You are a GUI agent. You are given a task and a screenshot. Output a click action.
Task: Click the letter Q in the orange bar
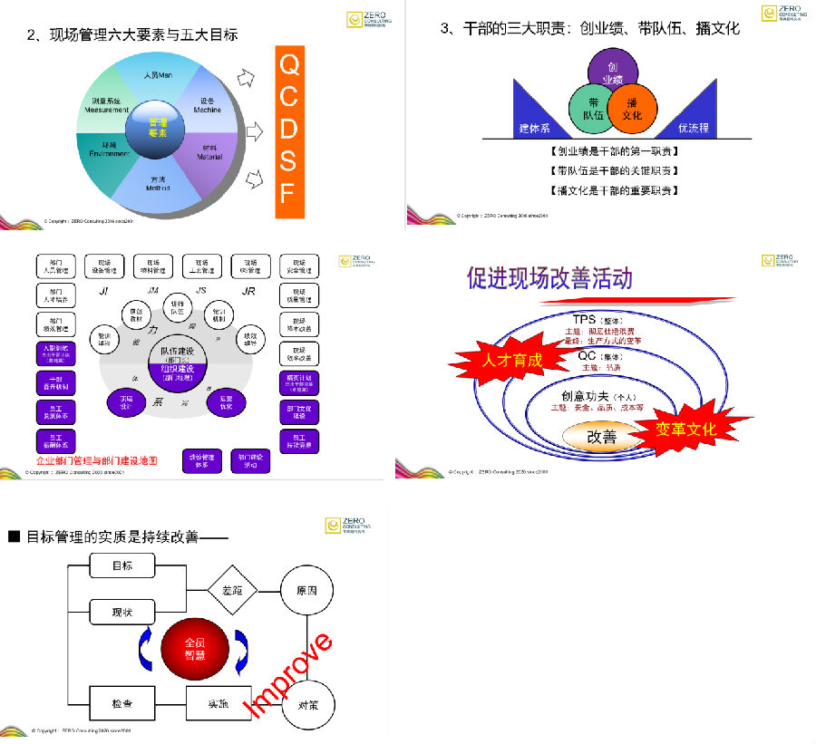point(288,65)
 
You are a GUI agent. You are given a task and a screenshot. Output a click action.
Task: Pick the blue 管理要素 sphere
point(158,126)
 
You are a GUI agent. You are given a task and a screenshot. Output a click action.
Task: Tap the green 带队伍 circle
point(591,108)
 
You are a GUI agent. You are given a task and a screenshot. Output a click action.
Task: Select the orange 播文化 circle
point(633,109)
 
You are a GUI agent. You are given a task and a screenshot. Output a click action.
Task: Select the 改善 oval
point(601,437)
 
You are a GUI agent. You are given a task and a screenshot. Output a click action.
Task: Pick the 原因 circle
point(306,591)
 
